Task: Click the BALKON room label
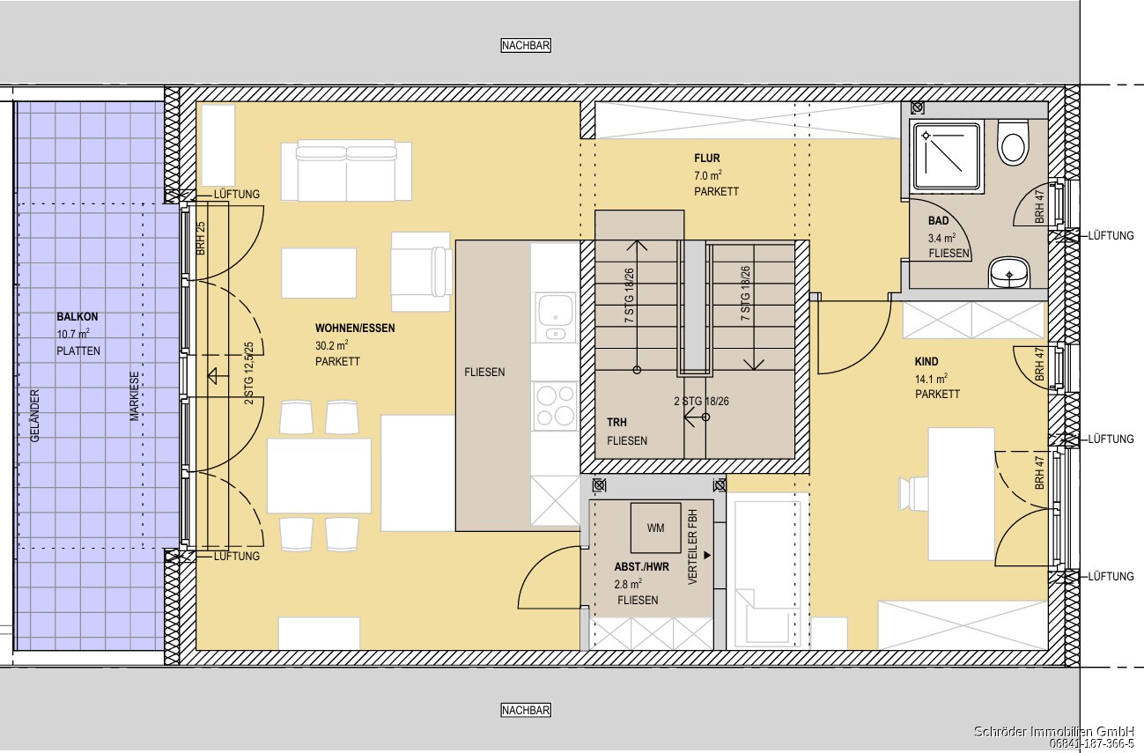tap(77, 317)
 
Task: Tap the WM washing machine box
tap(656, 528)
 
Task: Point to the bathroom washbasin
tap(1009, 272)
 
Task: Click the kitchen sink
tap(555, 317)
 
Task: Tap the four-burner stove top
tap(555, 406)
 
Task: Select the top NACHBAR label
tap(526, 46)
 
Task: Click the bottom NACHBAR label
tap(526, 710)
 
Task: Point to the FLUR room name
tap(707, 159)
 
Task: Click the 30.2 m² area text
tap(332, 345)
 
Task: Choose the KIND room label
tap(926, 362)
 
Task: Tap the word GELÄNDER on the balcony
tap(34, 416)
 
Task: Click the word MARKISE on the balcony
tap(135, 396)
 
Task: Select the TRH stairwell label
tap(616, 423)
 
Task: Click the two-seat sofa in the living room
tap(346, 171)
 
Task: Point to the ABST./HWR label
tap(641, 567)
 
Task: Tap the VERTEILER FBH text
tap(692, 547)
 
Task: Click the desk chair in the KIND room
tap(914, 494)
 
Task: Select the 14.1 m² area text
tap(932, 379)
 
